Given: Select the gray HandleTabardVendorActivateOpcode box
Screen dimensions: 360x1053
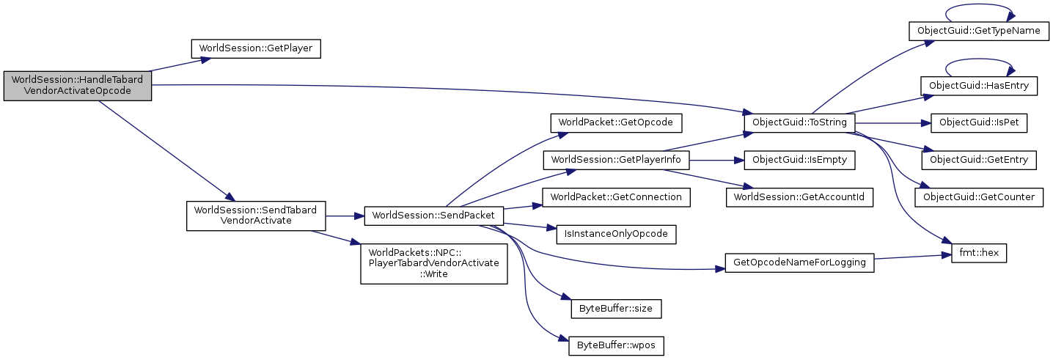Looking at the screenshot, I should (x=78, y=86).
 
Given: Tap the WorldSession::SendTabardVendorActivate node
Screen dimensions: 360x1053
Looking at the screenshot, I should (x=255, y=216).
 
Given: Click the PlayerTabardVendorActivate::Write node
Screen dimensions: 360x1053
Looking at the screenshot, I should (x=434, y=262).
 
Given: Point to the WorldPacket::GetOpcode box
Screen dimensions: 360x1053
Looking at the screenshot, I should (x=616, y=122).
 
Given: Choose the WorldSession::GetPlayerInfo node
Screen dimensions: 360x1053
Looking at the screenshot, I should (x=616, y=159).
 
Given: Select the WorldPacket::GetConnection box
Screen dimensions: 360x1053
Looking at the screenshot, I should (x=616, y=196).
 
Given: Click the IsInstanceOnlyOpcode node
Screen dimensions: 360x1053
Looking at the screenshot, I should (x=616, y=234).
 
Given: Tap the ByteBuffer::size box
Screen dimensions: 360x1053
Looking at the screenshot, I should (x=616, y=309).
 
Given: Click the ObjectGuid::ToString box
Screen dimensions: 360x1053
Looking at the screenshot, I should (x=799, y=122).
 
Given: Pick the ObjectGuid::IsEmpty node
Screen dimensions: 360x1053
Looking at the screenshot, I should (x=799, y=159).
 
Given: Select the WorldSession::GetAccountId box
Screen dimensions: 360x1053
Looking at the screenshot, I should (x=799, y=196).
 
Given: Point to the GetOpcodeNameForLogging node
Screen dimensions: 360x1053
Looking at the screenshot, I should (x=799, y=262).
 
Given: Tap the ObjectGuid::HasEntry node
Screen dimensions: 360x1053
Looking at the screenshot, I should (x=978, y=86).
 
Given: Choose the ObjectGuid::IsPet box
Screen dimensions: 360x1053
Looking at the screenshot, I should (x=978, y=122).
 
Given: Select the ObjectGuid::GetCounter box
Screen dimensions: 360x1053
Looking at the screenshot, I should (x=978, y=196).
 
